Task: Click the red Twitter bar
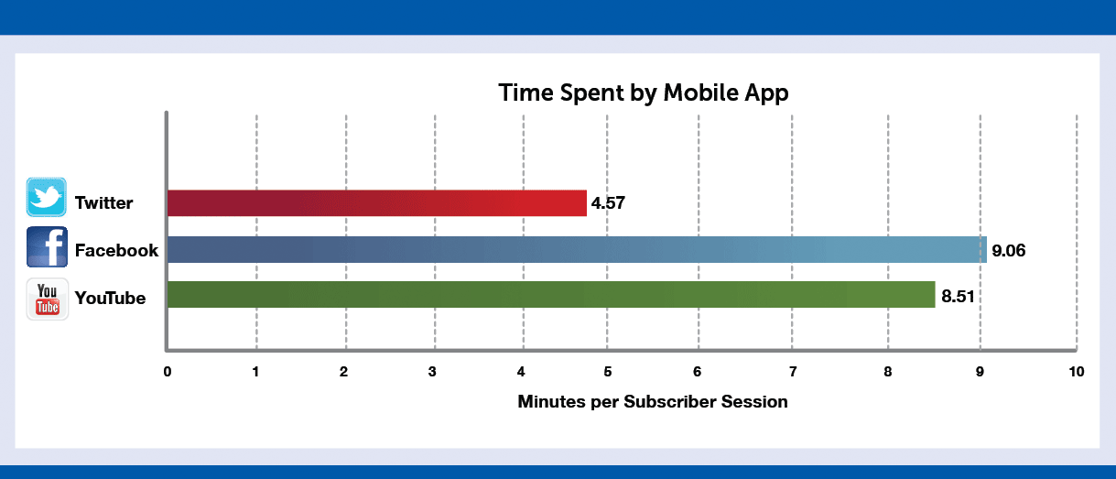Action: click(377, 202)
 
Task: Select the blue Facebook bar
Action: click(577, 249)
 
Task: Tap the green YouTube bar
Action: click(551, 294)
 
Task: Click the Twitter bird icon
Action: click(47, 197)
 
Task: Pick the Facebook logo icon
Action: click(47, 247)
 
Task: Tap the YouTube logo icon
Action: click(48, 299)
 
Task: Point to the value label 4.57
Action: click(608, 202)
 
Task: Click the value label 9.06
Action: click(1008, 250)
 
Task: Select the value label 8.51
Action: click(958, 297)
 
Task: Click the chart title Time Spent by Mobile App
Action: click(644, 93)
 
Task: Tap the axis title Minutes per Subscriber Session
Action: click(653, 402)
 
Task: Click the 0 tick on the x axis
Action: click(168, 372)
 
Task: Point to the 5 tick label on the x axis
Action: click(608, 372)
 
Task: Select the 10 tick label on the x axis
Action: click(1077, 372)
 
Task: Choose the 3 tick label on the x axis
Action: click(432, 372)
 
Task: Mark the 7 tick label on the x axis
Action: click(793, 372)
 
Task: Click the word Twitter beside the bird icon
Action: click(103, 202)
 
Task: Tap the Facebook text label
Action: click(116, 250)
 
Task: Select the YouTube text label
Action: click(110, 298)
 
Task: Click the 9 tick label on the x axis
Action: click(980, 372)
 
